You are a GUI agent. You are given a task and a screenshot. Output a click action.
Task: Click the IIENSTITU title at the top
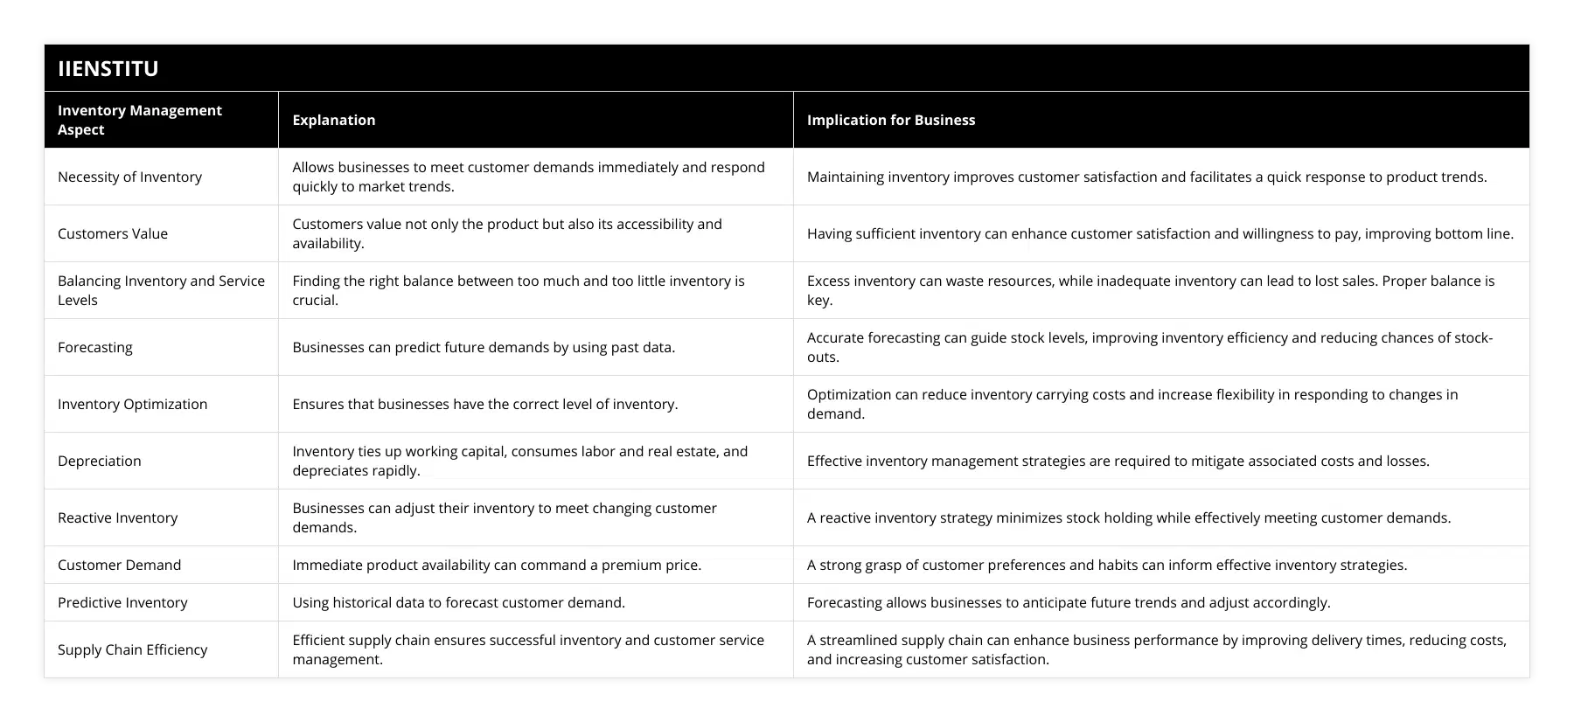108,68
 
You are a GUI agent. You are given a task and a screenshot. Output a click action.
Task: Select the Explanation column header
334,120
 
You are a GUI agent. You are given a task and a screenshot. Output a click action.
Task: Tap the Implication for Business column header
890,120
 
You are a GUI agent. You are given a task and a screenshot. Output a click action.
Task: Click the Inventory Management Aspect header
140,120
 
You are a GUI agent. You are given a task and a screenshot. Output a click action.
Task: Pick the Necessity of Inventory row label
129,177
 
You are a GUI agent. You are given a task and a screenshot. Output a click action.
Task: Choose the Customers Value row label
113,233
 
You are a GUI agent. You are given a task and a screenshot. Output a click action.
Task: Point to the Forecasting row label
95,347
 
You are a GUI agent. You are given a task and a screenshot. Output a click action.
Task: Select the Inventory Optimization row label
133,404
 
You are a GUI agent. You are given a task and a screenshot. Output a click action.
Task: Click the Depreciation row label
100,461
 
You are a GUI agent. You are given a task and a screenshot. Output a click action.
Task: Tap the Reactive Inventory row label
118,517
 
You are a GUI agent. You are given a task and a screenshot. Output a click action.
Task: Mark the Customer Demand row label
120,565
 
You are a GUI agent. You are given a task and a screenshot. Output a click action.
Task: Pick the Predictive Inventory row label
122,602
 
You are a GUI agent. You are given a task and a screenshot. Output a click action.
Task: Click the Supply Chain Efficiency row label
133,649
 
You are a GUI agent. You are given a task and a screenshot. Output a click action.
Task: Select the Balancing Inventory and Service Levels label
161,290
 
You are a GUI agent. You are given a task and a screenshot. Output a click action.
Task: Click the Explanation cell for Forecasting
484,347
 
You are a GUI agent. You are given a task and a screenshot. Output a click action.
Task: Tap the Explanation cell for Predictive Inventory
458,602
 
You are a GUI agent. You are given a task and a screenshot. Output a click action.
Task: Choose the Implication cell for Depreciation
1118,461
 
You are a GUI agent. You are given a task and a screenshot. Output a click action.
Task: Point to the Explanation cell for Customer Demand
497,565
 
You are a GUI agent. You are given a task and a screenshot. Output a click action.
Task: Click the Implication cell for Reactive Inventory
1128,517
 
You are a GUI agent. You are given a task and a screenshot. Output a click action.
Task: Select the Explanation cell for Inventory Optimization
484,404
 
